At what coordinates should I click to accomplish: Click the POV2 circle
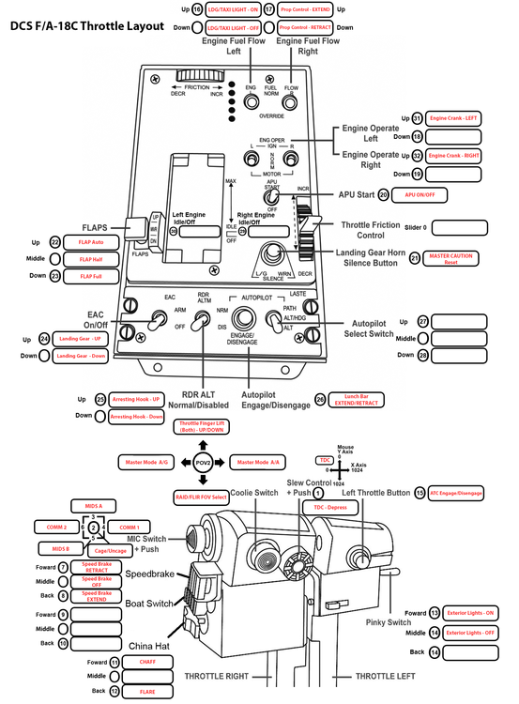coord(203,462)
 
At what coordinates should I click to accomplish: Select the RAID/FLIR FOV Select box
coord(203,496)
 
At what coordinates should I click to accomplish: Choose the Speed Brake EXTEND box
coord(98,595)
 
